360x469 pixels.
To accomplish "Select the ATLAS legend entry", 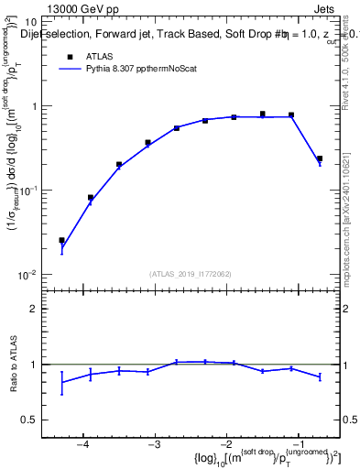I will coord(99,56).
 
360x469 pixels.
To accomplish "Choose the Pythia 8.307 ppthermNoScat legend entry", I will coord(137,68).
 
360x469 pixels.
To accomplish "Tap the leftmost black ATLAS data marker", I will coord(61,241).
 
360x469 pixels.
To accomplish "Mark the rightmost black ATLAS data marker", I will coord(320,158).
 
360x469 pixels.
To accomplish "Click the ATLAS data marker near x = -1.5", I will coord(262,115).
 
